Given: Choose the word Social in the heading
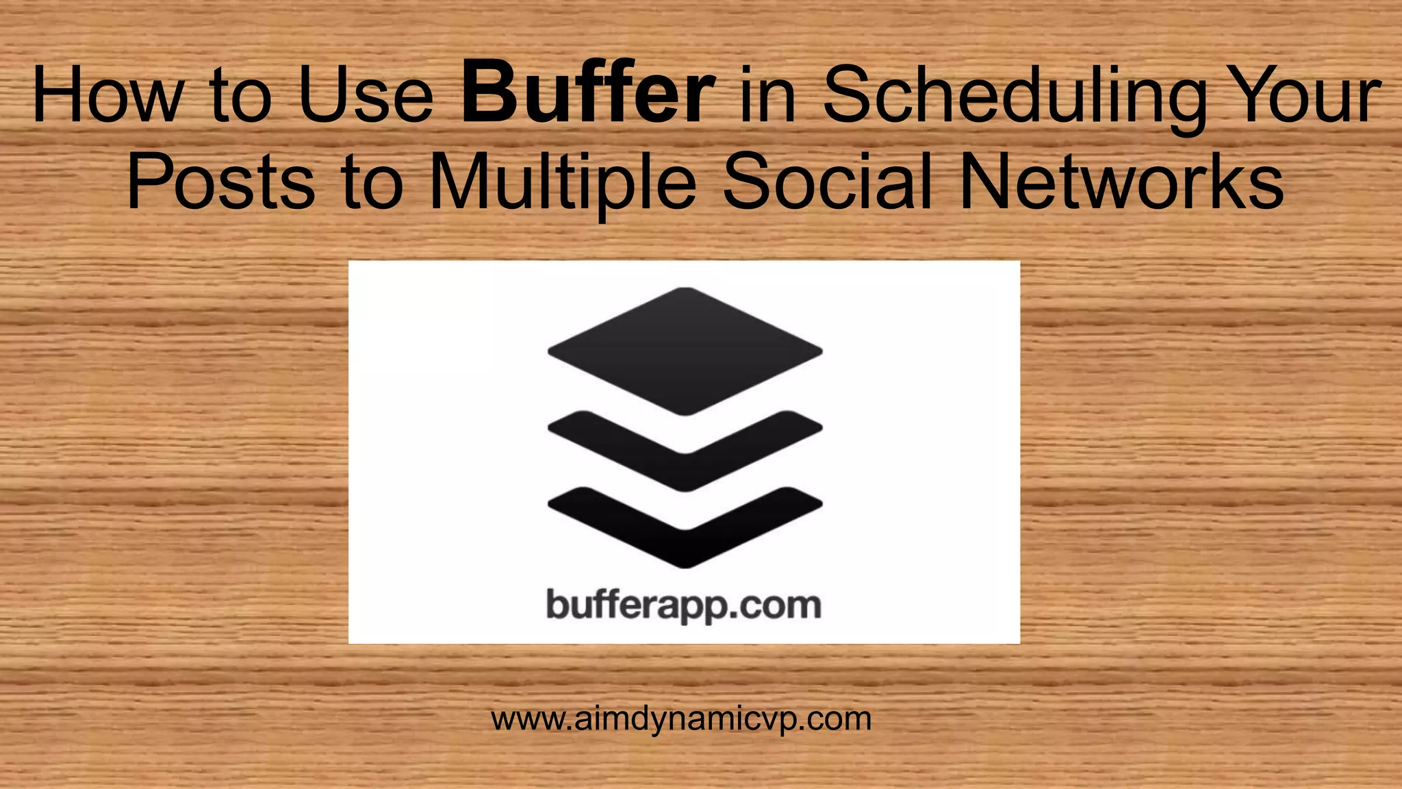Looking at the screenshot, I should tap(829, 181).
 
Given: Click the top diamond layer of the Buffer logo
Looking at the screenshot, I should tap(685, 350).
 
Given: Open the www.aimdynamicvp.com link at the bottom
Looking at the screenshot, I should tap(681, 719).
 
